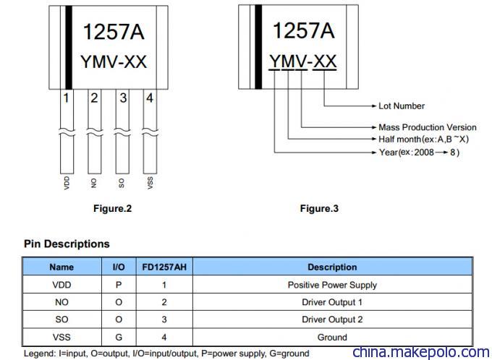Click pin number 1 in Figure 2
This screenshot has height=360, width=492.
pyautogui.click(x=66, y=98)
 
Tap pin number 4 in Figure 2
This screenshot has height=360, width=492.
pyautogui.click(x=150, y=98)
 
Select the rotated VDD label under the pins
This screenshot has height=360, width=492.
pyautogui.click(x=67, y=183)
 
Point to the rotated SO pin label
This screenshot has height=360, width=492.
pyautogui.click(x=122, y=183)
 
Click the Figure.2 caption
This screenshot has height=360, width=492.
pyautogui.click(x=112, y=208)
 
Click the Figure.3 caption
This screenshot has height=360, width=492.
pyautogui.click(x=319, y=208)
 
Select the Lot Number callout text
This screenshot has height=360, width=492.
pyautogui.click(x=402, y=106)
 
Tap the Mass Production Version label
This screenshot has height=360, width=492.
pyautogui.click(x=428, y=127)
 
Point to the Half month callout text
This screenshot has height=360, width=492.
pyautogui.click(x=423, y=139)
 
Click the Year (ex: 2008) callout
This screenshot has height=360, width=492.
pyautogui.click(x=419, y=153)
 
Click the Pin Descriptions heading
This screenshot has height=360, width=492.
pyautogui.click(x=67, y=244)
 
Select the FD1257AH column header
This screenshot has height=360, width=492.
pyautogui.click(x=164, y=267)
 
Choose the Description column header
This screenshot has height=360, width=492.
pyautogui.click(x=332, y=267)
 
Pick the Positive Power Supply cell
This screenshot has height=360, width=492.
pyautogui.click(x=332, y=285)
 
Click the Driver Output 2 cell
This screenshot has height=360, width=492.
pyautogui.click(x=332, y=320)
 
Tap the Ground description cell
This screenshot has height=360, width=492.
pyautogui.click(x=332, y=338)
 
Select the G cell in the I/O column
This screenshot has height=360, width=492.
pyautogui.click(x=119, y=338)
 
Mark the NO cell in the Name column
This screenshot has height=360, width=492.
pyautogui.click(x=61, y=302)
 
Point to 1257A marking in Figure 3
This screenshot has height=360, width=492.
pyautogui.click(x=303, y=31)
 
